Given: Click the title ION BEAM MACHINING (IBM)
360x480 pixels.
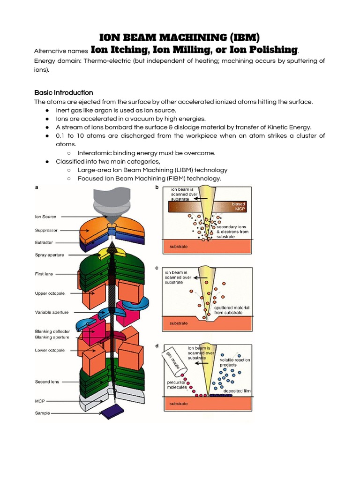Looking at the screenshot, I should click(x=180, y=37).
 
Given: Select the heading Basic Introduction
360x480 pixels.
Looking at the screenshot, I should click(x=64, y=92).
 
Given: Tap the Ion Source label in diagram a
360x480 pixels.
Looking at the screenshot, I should click(x=45, y=217).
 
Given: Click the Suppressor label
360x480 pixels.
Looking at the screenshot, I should click(x=46, y=230).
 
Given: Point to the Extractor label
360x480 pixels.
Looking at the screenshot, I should click(x=44, y=242).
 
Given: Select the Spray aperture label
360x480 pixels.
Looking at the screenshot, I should click(x=50, y=255).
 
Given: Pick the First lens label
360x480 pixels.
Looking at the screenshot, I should click(x=45, y=274).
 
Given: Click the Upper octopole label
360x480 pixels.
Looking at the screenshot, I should click(x=50, y=293).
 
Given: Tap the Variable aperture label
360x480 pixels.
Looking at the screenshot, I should click(x=52, y=312).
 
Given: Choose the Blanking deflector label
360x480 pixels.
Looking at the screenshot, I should click(x=52, y=331).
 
